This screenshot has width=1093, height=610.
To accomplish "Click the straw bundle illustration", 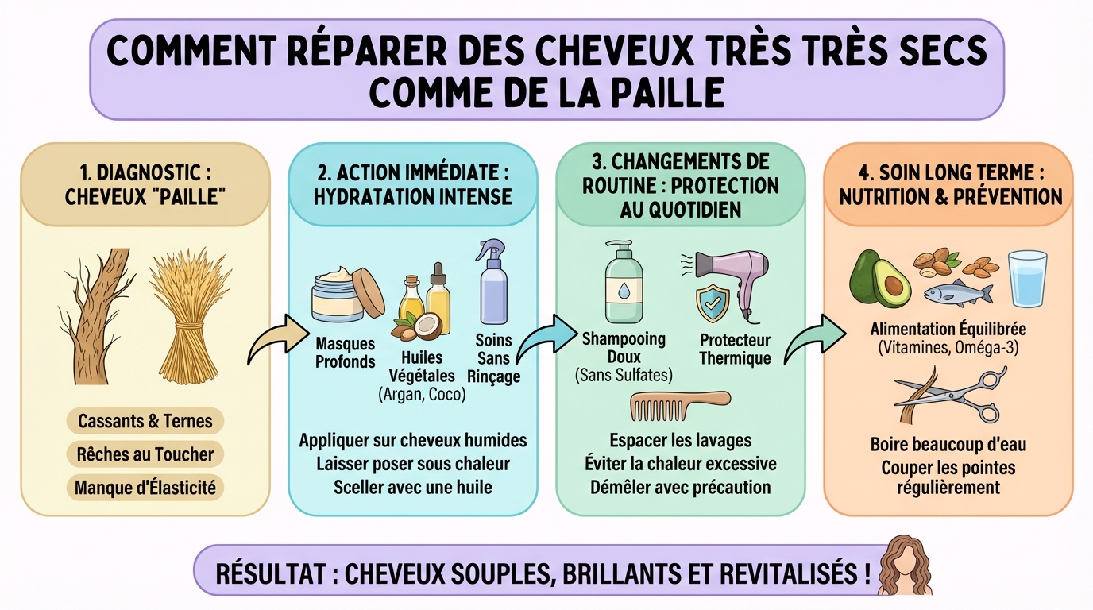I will pyautogui.click(x=184, y=318).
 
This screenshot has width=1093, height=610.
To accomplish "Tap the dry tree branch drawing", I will pyautogui.click(x=95, y=318).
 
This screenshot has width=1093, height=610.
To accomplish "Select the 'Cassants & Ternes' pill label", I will pyautogui.click(x=145, y=421).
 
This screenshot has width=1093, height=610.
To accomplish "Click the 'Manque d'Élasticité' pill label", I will pyautogui.click(x=145, y=488).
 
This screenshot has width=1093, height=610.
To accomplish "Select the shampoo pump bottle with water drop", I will pyautogui.click(x=624, y=279).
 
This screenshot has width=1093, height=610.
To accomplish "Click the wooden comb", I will pyautogui.click(x=679, y=404).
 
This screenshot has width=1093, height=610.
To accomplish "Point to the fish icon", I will pyautogui.click(x=957, y=294).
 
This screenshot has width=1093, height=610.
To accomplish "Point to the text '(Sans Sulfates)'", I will pyautogui.click(x=624, y=375).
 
